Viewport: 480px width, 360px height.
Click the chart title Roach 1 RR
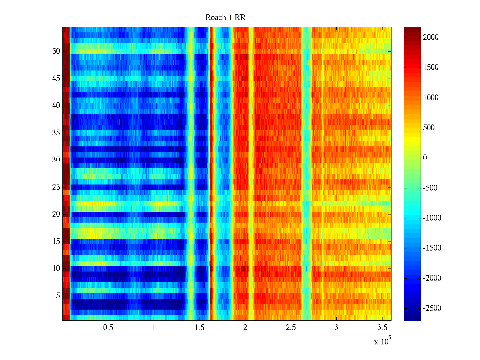tap(225, 18)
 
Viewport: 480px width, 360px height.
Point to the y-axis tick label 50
tap(56, 51)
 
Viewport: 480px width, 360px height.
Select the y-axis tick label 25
tap(56, 187)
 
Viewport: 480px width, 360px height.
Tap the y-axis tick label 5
tap(58, 296)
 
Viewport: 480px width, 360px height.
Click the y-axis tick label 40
tap(56, 106)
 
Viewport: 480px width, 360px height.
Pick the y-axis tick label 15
tap(56, 241)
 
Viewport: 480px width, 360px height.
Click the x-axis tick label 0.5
tap(108, 328)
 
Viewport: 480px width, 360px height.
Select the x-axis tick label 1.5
tap(199, 328)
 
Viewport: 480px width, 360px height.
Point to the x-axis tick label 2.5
tap(291, 328)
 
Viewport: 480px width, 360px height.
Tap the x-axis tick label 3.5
tap(382, 328)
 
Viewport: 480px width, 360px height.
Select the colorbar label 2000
tap(431, 37)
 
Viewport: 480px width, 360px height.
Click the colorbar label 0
tap(425, 158)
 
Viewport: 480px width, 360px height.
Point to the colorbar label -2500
tap(432, 308)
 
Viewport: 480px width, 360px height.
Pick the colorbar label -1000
tap(432, 218)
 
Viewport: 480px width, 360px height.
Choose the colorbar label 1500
tap(431, 67)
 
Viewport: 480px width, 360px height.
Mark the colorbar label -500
tap(430, 188)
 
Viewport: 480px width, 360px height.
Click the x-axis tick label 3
tap(336, 328)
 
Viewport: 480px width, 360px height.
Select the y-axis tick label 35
tap(56, 133)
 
